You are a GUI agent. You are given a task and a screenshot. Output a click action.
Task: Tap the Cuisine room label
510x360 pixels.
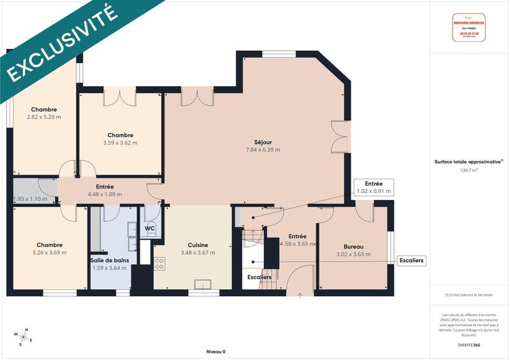coord(198,245)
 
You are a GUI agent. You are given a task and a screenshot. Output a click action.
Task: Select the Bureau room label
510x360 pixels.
coord(353,247)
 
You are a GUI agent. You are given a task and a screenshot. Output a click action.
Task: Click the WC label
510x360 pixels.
coord(150,228)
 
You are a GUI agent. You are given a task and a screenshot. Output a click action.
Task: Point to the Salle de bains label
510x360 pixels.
coord(108,260)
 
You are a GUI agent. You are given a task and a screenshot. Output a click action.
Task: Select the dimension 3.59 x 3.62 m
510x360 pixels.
coord(120,143)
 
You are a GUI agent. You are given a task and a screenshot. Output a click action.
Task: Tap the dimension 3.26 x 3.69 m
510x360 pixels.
coord(49,253)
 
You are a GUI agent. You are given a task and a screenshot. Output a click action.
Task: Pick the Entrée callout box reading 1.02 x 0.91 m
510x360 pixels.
coord(374,187)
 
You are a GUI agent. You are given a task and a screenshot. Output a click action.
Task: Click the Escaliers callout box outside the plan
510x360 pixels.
coord(411,261)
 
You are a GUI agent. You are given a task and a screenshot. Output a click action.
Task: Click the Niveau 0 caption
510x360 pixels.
coord(215,352)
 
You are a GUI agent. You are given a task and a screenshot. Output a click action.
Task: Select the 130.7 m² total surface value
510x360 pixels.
coord(469,170)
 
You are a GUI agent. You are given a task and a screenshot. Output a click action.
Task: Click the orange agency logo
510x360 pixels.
coord(469,27)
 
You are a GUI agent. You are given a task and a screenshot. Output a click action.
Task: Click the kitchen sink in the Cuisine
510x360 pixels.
coord(204,284)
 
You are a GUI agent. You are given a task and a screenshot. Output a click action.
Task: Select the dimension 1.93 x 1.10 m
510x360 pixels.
coord(31,199)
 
